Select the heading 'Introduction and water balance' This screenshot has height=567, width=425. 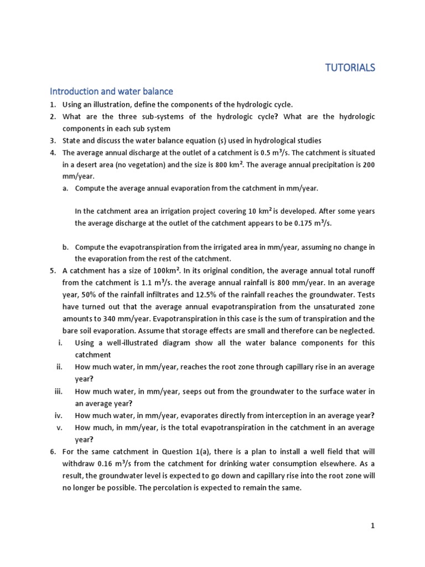(x=111, y=91)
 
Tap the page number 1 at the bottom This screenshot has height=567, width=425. (x=373, y=526)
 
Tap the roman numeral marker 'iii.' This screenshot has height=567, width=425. (x=59, y=391)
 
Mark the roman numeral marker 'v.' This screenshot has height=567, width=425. (x=61, y=427)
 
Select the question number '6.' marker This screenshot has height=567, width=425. (x=53, y=452)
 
